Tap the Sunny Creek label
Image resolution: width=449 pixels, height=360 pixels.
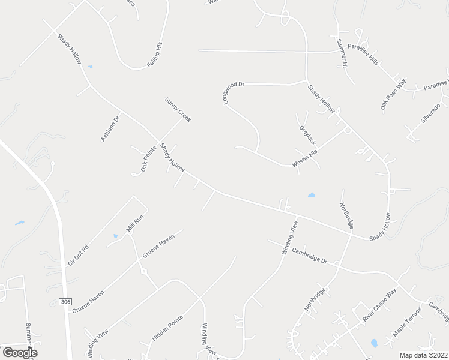click(178, 110)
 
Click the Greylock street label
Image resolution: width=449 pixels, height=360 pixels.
click(307, 135)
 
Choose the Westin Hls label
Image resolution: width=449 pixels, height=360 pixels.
click(306, 158)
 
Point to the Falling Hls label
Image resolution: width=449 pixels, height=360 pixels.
click(155, 54)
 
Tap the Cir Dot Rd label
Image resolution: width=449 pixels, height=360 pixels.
click(79, 255)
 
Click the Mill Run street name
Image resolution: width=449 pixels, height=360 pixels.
click(133, 225)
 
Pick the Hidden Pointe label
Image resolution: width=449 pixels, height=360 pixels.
click(167, 328)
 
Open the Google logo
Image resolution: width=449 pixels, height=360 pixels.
click(19, 352)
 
